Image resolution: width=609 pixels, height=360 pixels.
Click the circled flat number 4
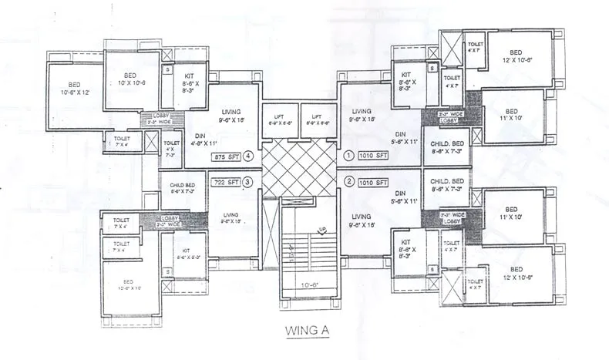tap(249, 156)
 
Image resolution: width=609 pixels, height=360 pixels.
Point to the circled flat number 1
tap(348, 155)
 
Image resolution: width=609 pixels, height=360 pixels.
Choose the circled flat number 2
tap(348, 183)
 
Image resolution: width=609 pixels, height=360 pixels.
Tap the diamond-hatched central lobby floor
tap(299, 167)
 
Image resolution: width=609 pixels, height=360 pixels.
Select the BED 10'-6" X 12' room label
tap(75, 88)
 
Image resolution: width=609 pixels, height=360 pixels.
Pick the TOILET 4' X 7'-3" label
tap(172, 149)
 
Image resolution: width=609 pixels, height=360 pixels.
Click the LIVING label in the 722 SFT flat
tap(229, 218)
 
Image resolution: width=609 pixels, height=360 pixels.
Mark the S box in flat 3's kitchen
tap(168, 271)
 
